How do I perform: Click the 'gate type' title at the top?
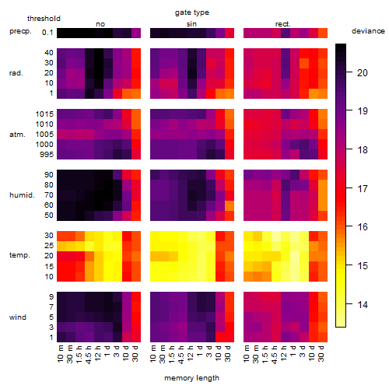click(x=192, y=12)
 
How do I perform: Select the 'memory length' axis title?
click(x=191, y=378)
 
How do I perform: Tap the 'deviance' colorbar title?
click(x=368, y=31)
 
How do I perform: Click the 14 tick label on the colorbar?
click(x=363, y=304)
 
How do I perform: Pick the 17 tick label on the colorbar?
click(x=363, y=188)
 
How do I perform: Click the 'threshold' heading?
click(x=44, y=19)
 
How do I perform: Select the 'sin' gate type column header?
click(x=191, y=24)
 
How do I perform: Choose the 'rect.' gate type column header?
click(x=282, y=24)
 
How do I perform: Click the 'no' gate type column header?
click(x=100, y=24)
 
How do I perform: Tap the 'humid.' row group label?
click(x=22, y=195)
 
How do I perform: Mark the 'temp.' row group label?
click(x=19, y=255)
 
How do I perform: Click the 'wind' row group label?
click(x=18, y=317)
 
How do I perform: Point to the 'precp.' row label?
click(x=20, y=31)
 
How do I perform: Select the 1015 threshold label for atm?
click(x=44, y=114)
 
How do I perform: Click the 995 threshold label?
click(x=47, y=155)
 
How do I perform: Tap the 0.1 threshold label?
click(x=47, y=33)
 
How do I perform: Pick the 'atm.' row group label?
click(x=17, y=135)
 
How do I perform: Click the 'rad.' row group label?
click(x=16, y=73)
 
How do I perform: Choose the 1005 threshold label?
click(x=44, y=135)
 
